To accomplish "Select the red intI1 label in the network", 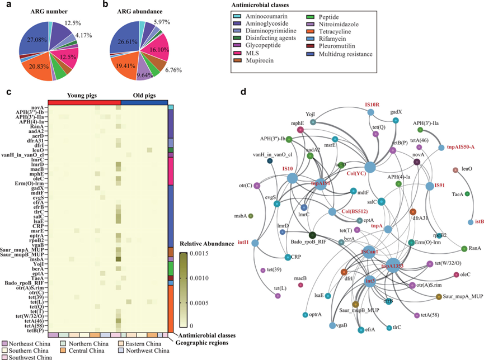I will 243,242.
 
